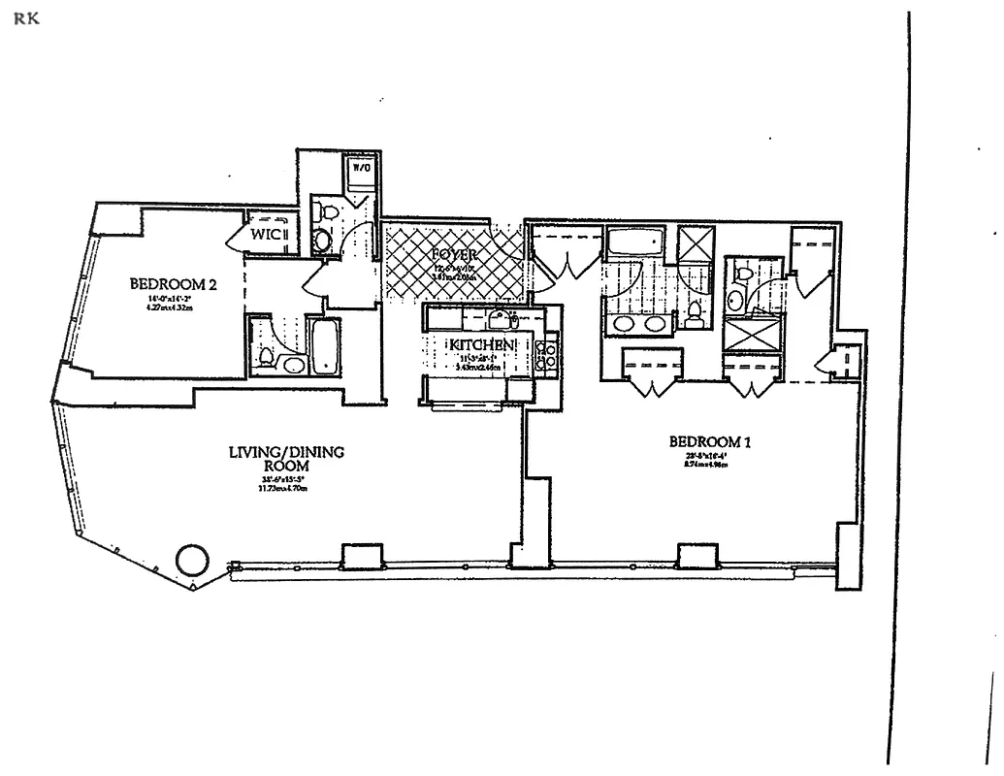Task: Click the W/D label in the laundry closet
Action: coord(361,167)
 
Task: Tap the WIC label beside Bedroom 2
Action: coord(268,234)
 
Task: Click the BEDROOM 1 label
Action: coord(711,442)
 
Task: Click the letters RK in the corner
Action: coord(26,19)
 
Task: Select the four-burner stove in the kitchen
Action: coord(548,354)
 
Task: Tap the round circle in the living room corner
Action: coord(191,560)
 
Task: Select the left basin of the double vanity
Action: coord(619,323)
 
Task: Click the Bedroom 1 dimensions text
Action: coord(711,459)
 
